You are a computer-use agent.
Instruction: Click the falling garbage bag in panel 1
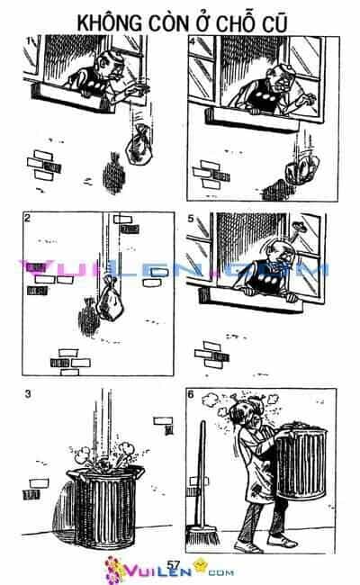pos(139,145)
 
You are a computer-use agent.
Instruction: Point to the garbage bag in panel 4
pos(302,170)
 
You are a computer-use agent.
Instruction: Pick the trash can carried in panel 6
pos(301,462)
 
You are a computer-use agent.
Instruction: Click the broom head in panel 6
pos(202,535)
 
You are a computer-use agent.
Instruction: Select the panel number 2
pos(27,218)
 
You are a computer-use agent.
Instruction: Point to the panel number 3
pos(28,393)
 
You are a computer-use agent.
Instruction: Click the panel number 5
pos(191,219)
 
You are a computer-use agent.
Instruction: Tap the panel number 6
pos(191,394)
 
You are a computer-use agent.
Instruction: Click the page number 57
pos(174,564)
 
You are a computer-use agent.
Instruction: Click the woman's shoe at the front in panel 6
pos(247,546)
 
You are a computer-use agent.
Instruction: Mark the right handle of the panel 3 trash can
pos(139,472)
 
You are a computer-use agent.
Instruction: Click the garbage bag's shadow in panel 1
pos(113,174)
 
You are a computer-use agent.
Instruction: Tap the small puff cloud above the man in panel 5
pos(299,226)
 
